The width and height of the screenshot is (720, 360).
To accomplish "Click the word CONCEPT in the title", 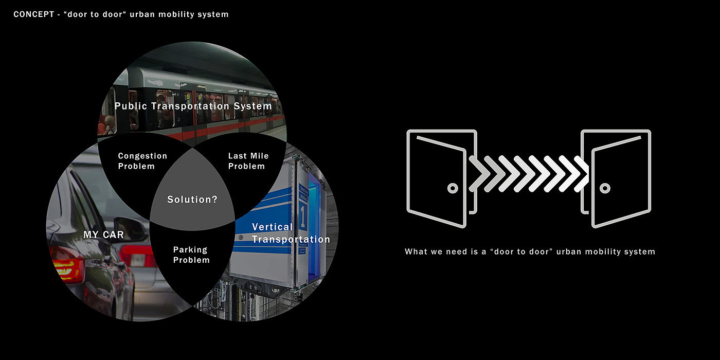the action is pyautogui.click(x=34, y=14).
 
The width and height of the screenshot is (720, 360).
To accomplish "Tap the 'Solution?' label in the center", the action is pyautogui.click(x=192, y=200).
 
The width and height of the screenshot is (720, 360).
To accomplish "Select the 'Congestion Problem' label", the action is pyautogui.click(x=142, y=161).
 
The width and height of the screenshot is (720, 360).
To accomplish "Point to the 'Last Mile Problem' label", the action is pyautogui.click(x=248, y=161).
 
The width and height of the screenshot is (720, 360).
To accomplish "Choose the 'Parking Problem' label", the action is pyautogui.click(x=191, y=255).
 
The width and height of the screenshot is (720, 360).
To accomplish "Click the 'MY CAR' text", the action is pyautogui.click(x=103, y=235).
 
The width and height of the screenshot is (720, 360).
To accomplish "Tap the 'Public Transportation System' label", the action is pyautogui.click(x=193, y=106).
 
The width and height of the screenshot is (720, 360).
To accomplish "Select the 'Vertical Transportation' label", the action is pyautogui.click(x=291, y=233).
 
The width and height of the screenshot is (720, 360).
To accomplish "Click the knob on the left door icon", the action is pyautogui.click(x=453, y=188).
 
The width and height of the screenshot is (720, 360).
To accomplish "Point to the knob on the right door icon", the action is pyautogui.click(x=605, y=188).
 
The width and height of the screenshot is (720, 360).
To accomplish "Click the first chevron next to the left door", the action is pyautogui.click(x=479, y=174).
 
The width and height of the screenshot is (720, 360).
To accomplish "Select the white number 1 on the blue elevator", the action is pyautogui.click(x=303, y=214).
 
